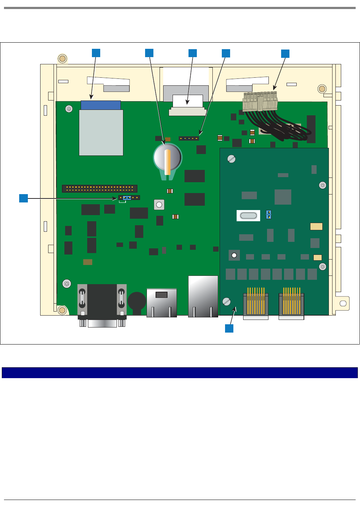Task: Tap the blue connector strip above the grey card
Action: (101, 105)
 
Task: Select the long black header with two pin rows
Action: (99, 189)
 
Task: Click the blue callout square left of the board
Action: (24, 198)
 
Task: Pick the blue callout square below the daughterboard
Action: (229, 328)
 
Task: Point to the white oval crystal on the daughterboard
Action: (248, 216)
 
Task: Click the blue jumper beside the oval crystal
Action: (268, 214)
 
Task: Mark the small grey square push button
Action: (159, 205)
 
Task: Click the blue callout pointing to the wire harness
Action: (285, 54)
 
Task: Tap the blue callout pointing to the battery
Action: (149, 53)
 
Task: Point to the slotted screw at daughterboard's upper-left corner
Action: (232, 159)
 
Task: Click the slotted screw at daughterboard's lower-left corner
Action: (226, 301)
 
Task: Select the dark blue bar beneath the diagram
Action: (180, 373)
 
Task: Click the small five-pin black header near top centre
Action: (189, 138)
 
